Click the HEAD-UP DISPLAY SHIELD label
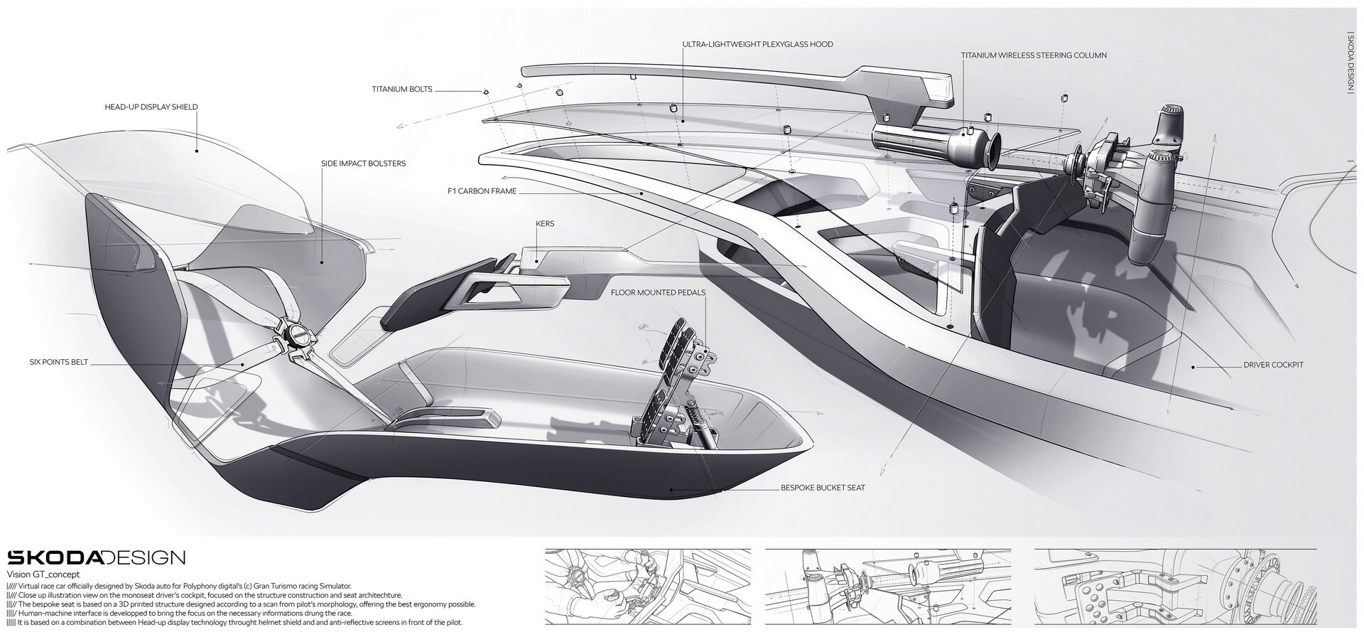click(151, 107)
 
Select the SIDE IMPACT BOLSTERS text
click(363, 164)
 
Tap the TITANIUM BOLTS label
click(401, 90)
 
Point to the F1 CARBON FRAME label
click(482, 191)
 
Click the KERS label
click(545, 224)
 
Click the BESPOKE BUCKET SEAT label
click(823, 488)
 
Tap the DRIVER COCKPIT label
click(1273, 365)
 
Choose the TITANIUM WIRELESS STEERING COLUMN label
click(1034, 55)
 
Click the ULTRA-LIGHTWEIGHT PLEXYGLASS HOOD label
click(757, 44)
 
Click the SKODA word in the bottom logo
click(55, 557)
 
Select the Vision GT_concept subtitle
click(43, 574)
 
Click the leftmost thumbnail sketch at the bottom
click(647, 584)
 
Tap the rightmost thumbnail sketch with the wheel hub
click(1175, 584)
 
